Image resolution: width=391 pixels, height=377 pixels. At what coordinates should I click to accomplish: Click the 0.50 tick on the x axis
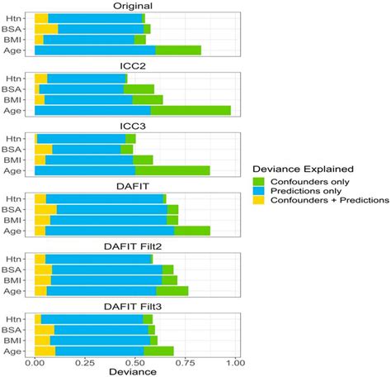click(135, 360)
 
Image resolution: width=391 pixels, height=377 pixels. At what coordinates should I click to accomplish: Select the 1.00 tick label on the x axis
click(236, 360)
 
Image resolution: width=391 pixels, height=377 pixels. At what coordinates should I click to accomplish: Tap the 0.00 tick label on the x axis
click(35, 360)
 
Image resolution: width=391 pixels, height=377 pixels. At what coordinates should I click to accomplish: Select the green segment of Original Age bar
click(178, 50)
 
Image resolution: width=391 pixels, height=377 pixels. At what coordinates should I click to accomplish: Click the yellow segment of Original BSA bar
click(46, 29)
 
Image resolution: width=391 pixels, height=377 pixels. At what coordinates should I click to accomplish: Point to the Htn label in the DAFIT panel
click(20, 198)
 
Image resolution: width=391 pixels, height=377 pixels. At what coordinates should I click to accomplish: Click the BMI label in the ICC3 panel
click(19, 160)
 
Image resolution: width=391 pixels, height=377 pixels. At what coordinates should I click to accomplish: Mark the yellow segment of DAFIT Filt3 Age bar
click(45, 351)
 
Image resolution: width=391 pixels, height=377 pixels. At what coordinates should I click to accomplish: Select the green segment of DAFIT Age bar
click(192, 231)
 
